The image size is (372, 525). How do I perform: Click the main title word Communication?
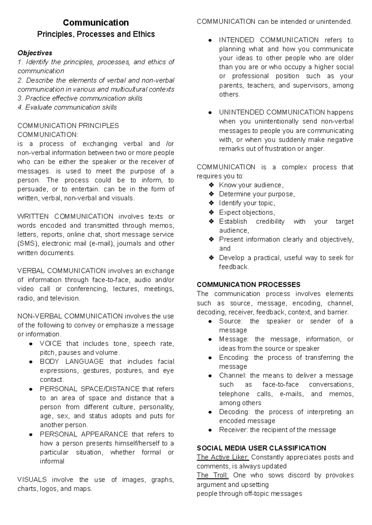click(x=96, y=23)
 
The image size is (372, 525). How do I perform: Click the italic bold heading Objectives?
click(x=35, y=53)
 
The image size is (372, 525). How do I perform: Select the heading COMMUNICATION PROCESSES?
click(x=248, y=285)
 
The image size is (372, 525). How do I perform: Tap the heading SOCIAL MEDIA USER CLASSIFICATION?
click(x=261, y=448)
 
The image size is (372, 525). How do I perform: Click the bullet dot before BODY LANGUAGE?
click(x=31, y=362)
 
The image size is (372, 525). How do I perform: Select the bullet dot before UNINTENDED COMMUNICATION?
click(x=210, y=113)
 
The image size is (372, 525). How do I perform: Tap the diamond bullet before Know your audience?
click(x=211, y=185)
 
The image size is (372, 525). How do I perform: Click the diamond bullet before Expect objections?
click(x=211, y=212)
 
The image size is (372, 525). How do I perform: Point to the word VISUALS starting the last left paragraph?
click(x=32, y=480)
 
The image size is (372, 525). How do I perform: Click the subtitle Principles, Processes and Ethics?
click(x=96, y=34)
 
